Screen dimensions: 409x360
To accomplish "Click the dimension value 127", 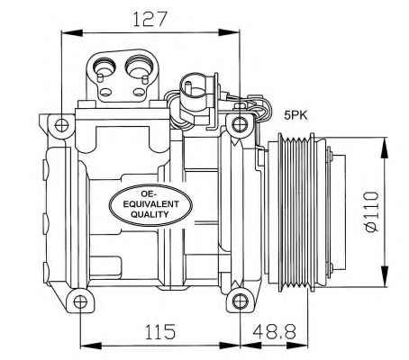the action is click(x=150, y=19).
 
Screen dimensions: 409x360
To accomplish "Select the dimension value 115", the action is click(x=159, y=331).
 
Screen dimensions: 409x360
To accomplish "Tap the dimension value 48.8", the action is click(x=274, y=331).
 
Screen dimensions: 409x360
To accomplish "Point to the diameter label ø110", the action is click(x=372, y=212).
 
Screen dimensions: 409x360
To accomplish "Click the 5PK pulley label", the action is click(x=295, y=116).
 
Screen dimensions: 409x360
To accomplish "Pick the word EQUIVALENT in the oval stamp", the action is click(x=151, y=204).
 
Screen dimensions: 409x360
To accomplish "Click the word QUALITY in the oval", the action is click(x=150, y=214).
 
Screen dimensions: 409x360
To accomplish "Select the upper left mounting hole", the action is click(x=61, y=125).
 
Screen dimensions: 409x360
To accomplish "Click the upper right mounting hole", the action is click(x=240, y=124).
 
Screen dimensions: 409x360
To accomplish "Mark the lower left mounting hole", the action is click(x=80, y=301).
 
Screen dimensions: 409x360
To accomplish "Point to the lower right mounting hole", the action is click(x=240, y=301).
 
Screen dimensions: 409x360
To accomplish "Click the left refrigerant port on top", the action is click(x=104, y=67).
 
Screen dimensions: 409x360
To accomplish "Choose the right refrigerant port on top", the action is click(x=139, y=66).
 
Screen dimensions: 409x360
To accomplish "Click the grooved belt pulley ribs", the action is click(x=296, y=213).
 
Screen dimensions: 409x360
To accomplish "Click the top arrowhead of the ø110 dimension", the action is click(x=384, y=148).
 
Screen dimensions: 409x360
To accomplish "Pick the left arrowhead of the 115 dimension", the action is click(x=91, y=345).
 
